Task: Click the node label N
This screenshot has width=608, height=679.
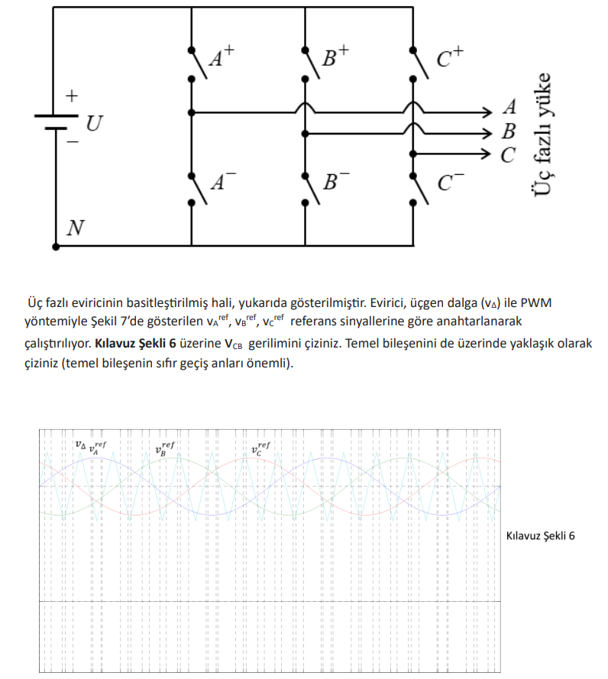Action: click(76, 228)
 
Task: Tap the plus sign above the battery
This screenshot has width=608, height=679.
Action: click(71, 96)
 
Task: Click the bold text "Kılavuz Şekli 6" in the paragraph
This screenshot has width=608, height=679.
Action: click(135, 343)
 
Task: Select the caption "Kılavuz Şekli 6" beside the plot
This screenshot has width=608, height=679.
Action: click(541, 535)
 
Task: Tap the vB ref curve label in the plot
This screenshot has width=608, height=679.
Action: click(165, 448)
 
